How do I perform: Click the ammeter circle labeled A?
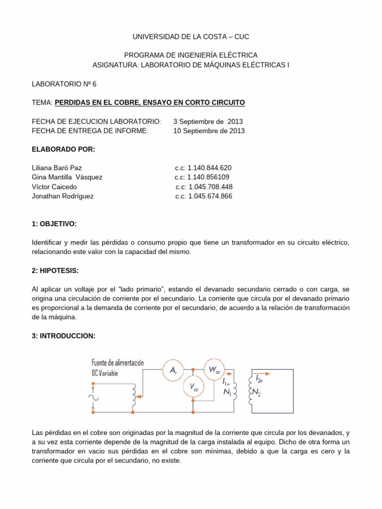173,370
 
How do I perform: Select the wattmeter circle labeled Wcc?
214,369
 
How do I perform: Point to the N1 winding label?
227,392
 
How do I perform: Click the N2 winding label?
256,392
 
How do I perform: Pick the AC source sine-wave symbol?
93,397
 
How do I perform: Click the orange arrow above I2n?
262,373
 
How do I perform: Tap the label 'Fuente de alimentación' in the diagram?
118,363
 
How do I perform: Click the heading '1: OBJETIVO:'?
54,224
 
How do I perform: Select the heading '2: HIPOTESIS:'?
55,270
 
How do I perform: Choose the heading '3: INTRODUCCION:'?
63,336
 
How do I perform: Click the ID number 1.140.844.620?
203,168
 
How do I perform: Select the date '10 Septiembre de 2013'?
209,131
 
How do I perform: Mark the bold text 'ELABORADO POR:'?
63,149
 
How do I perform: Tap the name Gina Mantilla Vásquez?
67,177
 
